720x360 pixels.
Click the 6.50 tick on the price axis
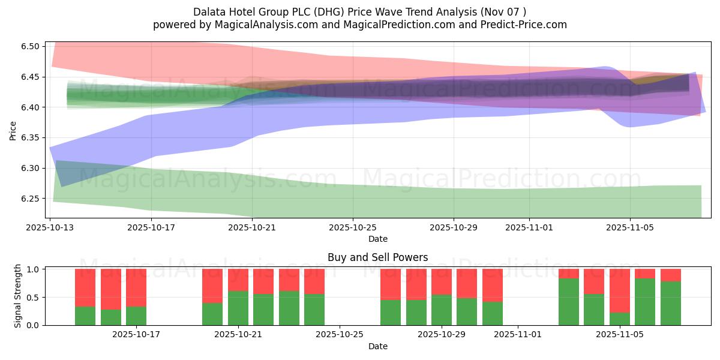tap(30, 47)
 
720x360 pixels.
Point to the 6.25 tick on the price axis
tap(30, 199)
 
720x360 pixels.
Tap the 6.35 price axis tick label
tap(30, 138)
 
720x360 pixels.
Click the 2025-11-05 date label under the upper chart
tap(630, 228)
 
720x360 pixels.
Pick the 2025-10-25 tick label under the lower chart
tap(340, 335)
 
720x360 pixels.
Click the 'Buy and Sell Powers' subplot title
tap(377, 257)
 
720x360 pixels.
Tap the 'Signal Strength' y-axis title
tap(18, 296)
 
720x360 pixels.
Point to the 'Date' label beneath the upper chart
tap(377, 239)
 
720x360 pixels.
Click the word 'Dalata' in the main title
tap(208, 12)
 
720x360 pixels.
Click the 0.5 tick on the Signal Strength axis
tap(34, 297)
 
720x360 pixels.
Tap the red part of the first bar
tap(85, 288)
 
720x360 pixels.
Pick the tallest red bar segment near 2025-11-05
tap(619, 290)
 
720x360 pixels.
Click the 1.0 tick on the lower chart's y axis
tap(34, 269)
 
